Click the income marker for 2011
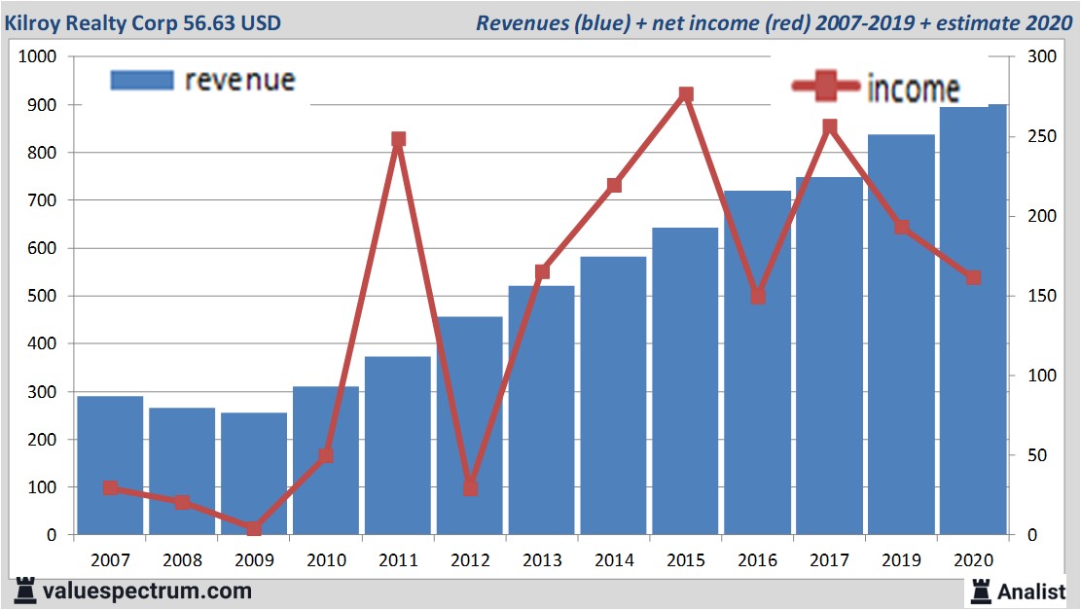click(x=398, y=139)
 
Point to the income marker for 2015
click(x=686, y=94)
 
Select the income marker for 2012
click(x=470, y=487)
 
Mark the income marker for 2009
click(x=254, y=528)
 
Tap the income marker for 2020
click(x=973, y=278)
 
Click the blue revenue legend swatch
click(x=142, y=81)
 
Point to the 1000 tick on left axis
click(x=40, y=57)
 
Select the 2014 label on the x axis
click(x=614, y=560)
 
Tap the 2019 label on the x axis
click(x=901, y=560)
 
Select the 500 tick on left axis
click(x=45, y=297)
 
